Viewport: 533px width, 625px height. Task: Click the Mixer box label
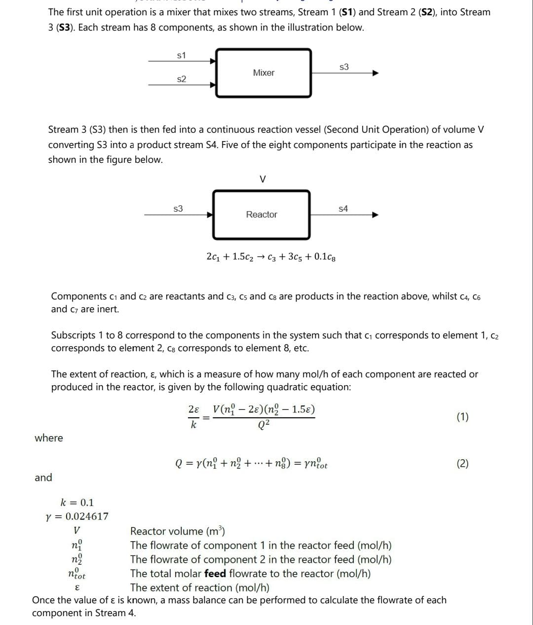[x=264, y=73]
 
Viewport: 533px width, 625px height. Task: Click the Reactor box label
[x=262, y=215]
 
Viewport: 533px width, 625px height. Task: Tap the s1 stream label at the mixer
[x=181, y=55]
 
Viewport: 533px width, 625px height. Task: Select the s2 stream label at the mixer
[x=181, y=79]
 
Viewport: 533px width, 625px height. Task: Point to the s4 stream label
[x=343, y=209]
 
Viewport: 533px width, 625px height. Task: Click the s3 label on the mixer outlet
[x=344, y=67]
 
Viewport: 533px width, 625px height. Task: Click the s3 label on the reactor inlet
[x=178, y=209]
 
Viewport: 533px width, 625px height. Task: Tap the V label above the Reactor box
[x=263, y=180]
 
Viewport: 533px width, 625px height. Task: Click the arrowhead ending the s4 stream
[x=375, y=215]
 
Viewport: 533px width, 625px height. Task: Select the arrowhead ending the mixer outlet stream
[x=375, y=74]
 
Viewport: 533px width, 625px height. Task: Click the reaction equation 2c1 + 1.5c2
[x=271, y=257]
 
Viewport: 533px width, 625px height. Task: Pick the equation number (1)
[x=462, y=417]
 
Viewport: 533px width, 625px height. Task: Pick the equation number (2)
[x=462, y=463]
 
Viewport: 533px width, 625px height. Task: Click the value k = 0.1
[x=76, y=503]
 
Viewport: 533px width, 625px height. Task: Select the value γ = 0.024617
[x=76, y=516]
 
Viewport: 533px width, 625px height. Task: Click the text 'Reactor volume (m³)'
[x=177, y=531]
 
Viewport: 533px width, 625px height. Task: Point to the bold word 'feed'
[x=215, y=574]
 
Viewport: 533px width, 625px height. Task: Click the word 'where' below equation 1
[x=49, y=438]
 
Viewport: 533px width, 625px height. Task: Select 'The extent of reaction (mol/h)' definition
[x=199, y=588]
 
